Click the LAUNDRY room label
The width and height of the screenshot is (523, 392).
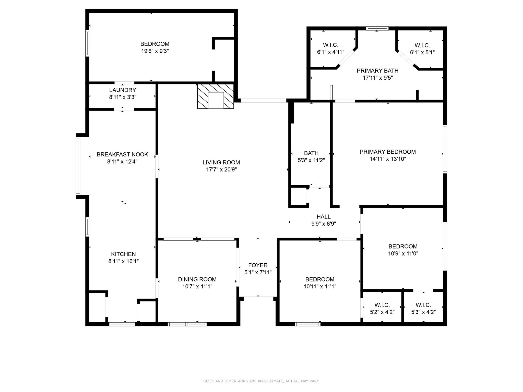tap(123, 90)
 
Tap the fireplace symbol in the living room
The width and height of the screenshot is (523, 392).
tap(216, 96)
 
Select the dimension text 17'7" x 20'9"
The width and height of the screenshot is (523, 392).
tap(221, 169)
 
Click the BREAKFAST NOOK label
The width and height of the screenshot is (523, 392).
tap(122, 154)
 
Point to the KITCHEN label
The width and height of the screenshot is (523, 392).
tap(123, 254)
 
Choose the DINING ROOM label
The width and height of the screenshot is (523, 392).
tap(197, 279)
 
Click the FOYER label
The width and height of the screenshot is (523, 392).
tap(258, 265)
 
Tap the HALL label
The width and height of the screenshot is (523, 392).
tap(324, 217)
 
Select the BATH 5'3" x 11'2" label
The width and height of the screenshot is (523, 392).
tap(311, 153)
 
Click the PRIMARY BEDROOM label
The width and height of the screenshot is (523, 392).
tap(388, 152)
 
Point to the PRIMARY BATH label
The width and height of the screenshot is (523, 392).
tap(377, 71)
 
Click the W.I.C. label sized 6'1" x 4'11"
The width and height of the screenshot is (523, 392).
tap(331, 45)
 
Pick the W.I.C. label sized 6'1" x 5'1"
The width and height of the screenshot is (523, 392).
tap(422, 45)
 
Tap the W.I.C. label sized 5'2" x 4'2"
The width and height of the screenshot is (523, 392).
tap(382, 305)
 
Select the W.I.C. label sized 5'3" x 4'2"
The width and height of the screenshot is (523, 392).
tap(423, 305)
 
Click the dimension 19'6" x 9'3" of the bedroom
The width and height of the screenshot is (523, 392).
tap(155, 51)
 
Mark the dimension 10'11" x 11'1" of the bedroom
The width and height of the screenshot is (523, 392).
tap(320, 286)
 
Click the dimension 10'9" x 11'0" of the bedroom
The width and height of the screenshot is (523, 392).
tap(403, 253)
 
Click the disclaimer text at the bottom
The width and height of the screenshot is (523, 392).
tap(261, 381)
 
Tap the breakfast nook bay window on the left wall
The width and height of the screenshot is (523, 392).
tap(78, 166)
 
